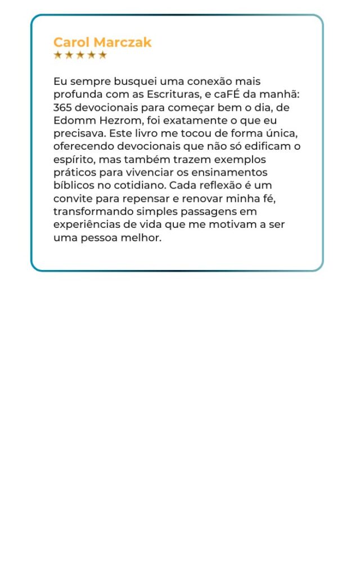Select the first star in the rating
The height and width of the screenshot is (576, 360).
coord(57,55)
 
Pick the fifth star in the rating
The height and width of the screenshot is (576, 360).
coord(102,55)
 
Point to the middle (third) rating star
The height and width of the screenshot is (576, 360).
coord(80,55)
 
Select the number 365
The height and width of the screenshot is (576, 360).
coord(62,107)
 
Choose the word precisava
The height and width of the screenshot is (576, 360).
coord(79,134)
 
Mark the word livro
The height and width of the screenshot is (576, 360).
coord(148,133)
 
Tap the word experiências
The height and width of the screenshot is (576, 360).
coord(87,224)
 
